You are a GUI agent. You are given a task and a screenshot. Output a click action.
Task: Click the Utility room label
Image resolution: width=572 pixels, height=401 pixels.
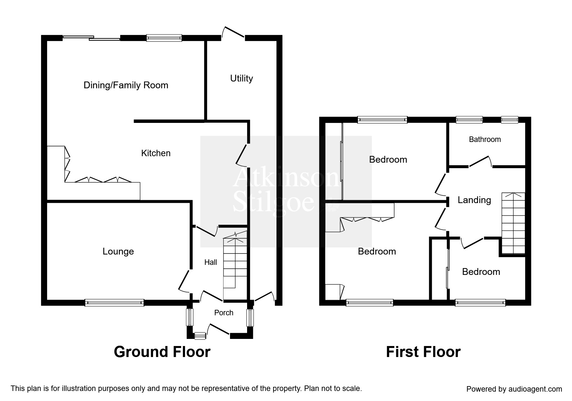(241, 79)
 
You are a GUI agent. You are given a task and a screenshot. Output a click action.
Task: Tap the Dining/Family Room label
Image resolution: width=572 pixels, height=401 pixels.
(126, 85)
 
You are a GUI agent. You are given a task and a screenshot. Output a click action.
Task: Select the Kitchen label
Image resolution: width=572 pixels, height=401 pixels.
(156, 153)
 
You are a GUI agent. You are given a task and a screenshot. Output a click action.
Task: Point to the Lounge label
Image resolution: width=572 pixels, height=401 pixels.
(118, 252)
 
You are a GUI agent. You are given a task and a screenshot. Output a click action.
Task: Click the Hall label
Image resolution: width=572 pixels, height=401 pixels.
(211, 262)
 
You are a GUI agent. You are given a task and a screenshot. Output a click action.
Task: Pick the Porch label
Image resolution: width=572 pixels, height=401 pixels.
(224, 313)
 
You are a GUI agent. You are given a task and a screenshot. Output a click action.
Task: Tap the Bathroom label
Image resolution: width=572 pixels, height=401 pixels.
(485, 139)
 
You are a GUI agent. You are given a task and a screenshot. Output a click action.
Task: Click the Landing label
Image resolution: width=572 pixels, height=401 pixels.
(474, 200)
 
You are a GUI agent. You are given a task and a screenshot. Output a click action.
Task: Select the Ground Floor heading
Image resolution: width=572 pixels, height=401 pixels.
(162, 352)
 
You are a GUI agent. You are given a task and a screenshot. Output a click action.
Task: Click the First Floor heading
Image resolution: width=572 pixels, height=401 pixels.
(423, 352)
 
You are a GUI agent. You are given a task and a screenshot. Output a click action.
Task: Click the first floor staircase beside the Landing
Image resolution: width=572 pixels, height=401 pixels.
(513, 223)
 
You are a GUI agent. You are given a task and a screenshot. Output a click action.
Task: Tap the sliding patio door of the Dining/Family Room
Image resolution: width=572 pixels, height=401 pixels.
(91, 38)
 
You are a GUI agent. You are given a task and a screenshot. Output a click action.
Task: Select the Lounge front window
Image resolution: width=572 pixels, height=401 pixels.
(114, 303)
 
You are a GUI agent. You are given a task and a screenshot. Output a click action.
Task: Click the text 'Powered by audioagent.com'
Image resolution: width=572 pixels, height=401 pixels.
(514, 389)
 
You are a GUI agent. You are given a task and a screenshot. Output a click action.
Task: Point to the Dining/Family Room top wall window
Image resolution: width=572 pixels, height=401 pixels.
(164, 38)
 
